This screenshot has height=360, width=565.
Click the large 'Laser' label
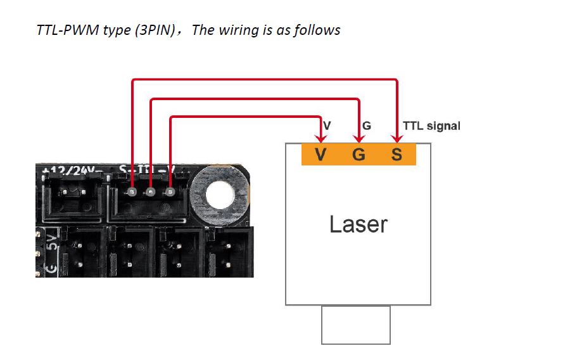click(358, 224)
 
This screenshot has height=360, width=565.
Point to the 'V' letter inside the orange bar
click(321, 154)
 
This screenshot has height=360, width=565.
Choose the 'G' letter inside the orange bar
click(359, 154)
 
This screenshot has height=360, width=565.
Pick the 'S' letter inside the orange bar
click(397, 154)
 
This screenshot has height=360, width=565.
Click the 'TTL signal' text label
click(431, 126)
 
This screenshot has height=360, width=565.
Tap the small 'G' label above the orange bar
click(367, 126)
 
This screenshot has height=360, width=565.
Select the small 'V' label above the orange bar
click(327, 126)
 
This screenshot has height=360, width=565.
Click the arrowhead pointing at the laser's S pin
click(397, 138)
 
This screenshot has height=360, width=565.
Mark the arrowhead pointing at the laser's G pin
click(359, 138)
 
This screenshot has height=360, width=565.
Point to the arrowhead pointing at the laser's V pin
click(321, 138)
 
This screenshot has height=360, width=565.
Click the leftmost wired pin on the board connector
click(132, 192)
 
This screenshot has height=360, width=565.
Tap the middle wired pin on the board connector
click(151, 192)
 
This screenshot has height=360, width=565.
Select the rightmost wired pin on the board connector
click(170, 192)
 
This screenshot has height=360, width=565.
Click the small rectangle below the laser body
click(355, 325)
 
